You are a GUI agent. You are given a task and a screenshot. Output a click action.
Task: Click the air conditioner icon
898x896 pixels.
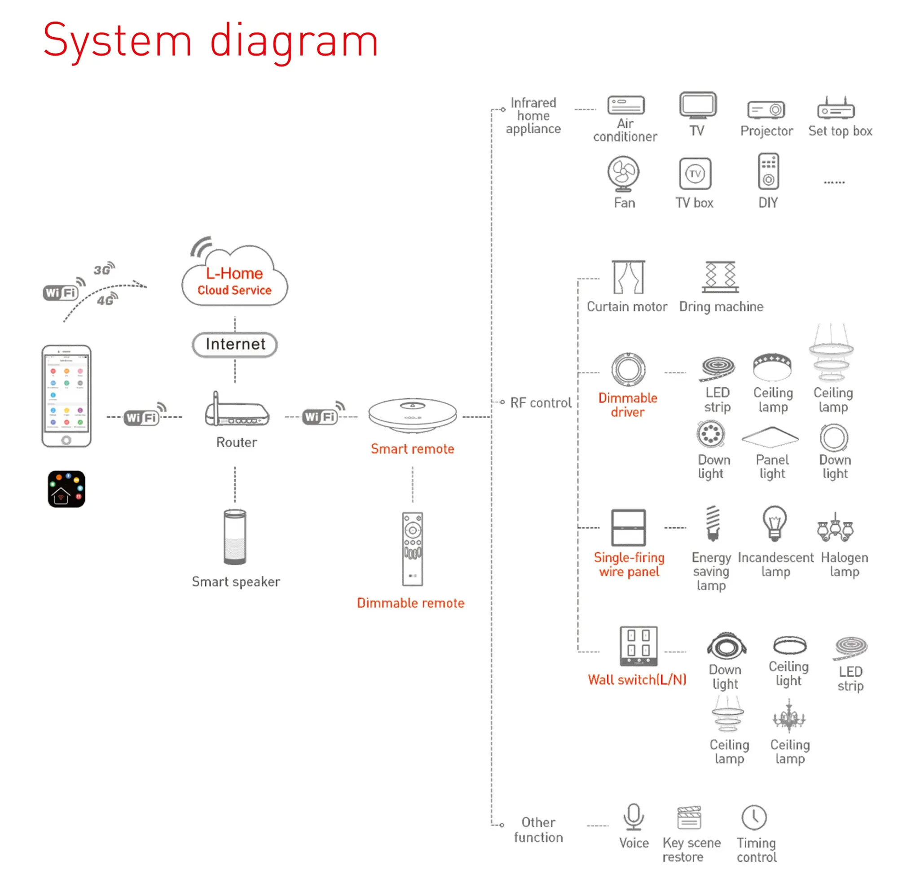[625, 105]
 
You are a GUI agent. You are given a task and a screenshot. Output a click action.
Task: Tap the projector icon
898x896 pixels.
[766, 110]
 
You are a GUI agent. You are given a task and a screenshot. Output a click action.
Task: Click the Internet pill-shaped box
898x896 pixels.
[235, 344]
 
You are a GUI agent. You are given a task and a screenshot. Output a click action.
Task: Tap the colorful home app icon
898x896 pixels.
[66, 489]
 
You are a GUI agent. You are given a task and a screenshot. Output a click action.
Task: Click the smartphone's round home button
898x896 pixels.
[66, 439]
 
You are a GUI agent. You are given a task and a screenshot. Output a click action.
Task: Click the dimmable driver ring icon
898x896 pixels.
[628, 370]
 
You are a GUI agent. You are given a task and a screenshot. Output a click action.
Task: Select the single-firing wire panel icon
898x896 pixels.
[629, 527]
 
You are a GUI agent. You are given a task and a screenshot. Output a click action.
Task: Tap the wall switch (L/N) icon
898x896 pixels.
[638, 646]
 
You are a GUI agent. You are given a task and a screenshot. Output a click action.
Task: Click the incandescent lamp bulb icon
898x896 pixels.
[774, 523]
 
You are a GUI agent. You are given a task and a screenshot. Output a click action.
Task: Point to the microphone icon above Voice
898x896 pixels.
[633, 816]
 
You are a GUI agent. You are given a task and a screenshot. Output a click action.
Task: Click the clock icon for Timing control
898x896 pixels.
[754, 817]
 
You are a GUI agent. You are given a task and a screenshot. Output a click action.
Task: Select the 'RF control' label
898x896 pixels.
[541, 403]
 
